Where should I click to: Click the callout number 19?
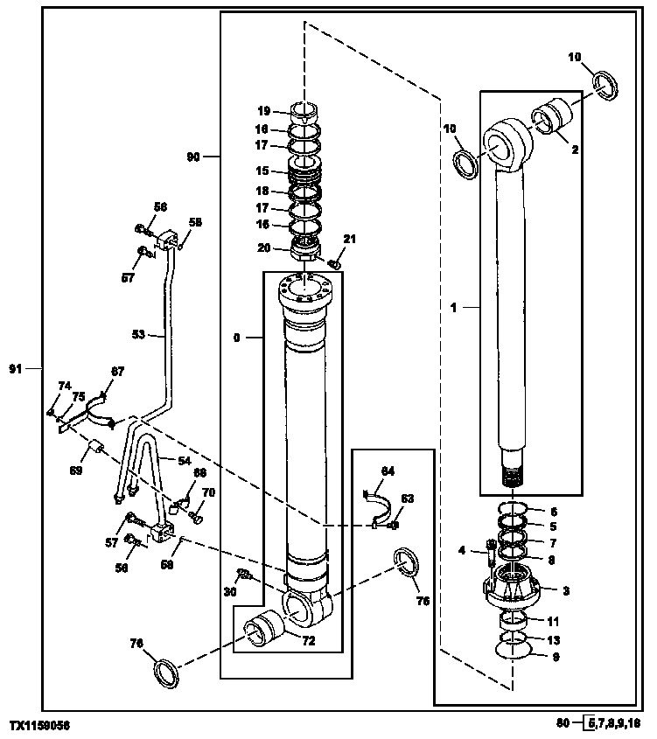tap(263, 111)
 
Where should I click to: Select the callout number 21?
tap(350, 240)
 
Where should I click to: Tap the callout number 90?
tap(193, 157)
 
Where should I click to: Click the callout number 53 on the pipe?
tap(138, 334)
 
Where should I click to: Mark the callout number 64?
tap(387, 471)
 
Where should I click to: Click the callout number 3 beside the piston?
tap(565, 591)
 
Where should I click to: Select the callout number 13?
tap(553, 639)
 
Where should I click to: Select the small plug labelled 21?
tap(334, 263)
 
